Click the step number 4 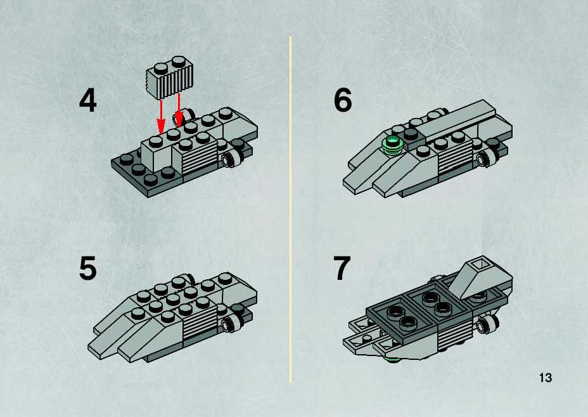87,100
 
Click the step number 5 87,268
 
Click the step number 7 342,268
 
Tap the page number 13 546,377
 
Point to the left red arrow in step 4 161,115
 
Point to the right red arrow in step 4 179,110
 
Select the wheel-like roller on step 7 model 485,324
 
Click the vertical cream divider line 290,209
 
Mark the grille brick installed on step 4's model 195,152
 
